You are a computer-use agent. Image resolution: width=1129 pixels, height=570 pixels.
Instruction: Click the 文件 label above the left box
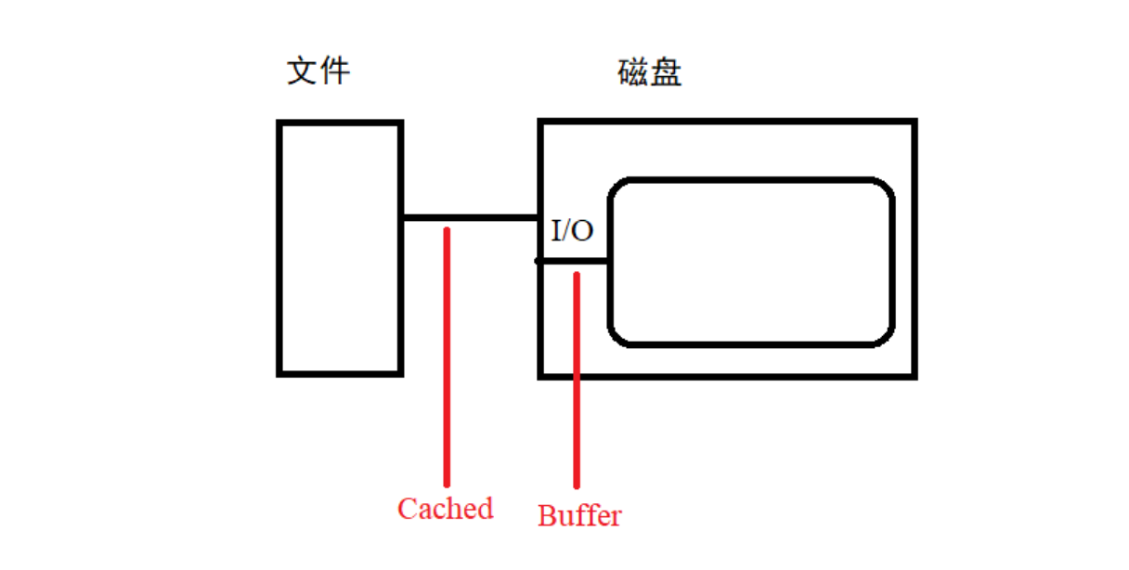click(x=318, y=71)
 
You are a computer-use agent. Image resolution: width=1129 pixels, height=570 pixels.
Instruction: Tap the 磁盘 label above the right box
click(x=650, y=72)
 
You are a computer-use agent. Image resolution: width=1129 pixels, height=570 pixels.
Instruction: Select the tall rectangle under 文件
click(x=340, y=248)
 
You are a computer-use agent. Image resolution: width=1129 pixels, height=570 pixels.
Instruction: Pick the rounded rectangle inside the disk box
click(x=751, y=263)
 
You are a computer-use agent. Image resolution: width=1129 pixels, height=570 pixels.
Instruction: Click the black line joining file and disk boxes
click(x=470, y=218)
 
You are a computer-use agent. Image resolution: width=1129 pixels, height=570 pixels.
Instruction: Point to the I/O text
click(x=572, y=230)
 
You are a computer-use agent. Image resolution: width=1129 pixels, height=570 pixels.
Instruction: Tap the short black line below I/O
click(x=572, y=262)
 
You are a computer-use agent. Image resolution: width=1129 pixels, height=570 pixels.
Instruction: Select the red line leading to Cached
click(x=447, y=357)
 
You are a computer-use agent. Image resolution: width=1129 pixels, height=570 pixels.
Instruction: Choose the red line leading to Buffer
click(x=577, y=381)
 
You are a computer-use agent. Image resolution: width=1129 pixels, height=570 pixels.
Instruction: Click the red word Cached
click(x=445, y=509)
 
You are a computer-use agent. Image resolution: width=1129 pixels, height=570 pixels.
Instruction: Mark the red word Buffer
click(x=579, y=515)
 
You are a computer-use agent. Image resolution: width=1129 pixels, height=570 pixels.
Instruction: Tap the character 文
click(x=303, y=71)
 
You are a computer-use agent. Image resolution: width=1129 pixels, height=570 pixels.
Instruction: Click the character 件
click(x=334, y=71)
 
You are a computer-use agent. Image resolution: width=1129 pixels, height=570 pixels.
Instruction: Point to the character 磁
click(x=633, y=72)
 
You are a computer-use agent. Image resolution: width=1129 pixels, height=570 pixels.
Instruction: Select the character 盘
click(x=667, y=72)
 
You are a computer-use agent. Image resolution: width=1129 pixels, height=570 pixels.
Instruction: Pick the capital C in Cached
click(x=407, y=509)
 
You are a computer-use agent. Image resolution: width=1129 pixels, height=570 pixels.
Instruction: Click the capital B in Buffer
click(x=548, y=515)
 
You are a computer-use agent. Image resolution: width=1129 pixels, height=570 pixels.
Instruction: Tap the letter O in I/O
click(x=582, y=230)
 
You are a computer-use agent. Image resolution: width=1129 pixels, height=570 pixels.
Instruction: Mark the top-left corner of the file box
click(x=279, y=123)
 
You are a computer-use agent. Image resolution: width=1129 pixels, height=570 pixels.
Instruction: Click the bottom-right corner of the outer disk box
click(x=915, y=376)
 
